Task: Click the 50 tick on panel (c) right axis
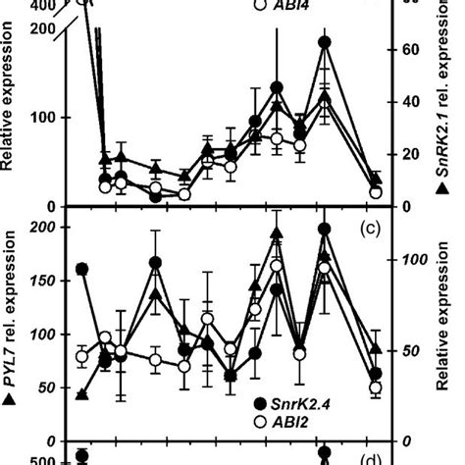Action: coord(408,351)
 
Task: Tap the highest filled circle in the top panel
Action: coord(326,42)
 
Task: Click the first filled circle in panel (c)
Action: coord(81,269)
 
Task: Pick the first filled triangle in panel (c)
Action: coord(81,395)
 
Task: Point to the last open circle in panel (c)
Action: coord(375,388)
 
